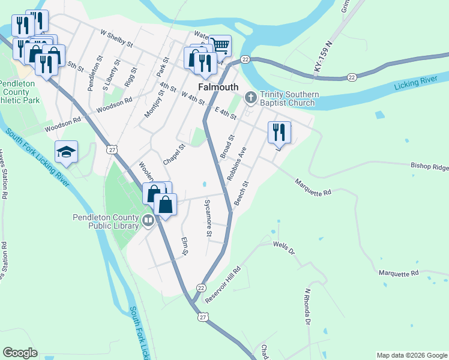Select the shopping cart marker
pos(220,45)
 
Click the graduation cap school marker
pos(67,152)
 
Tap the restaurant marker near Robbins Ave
pos(279,132)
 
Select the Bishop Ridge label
pos(429,166)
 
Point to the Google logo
pos(20,353)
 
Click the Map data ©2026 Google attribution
pos(412,355)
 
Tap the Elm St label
pos(185,246)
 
